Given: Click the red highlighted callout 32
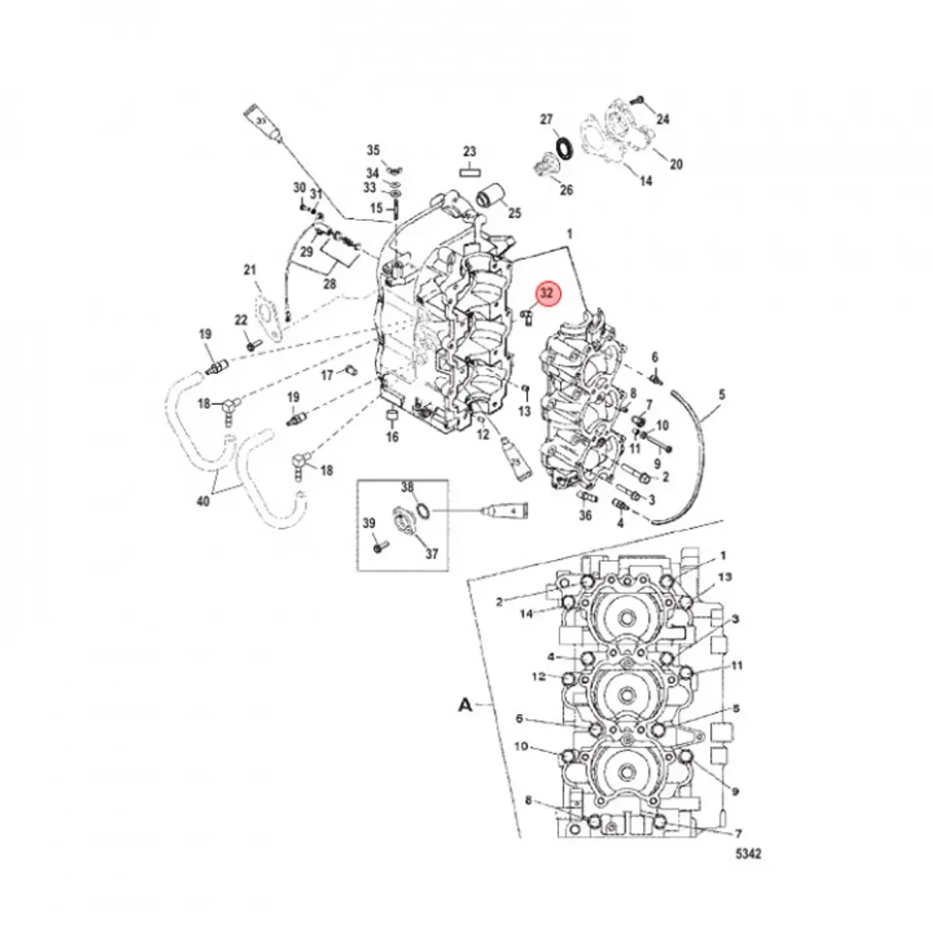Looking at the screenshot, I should [x=547, y=293].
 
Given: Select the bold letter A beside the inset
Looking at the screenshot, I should [x=465, y=704].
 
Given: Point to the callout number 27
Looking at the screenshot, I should [x=547, y=119].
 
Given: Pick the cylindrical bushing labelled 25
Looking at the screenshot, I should [x=490, y=197].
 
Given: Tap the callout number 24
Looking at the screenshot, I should [x=662, y=119].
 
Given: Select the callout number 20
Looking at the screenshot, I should [x=676, y=164].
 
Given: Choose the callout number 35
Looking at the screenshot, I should [x=373, y=150].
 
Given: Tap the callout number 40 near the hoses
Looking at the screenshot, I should [x=203, y=501].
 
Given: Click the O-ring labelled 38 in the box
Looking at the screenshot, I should [x=422, y=511].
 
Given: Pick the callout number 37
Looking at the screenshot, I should [x=432, y=554].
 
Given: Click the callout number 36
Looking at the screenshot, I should [x=585, y=515].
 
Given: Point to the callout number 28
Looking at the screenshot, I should [x=329, y=285].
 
